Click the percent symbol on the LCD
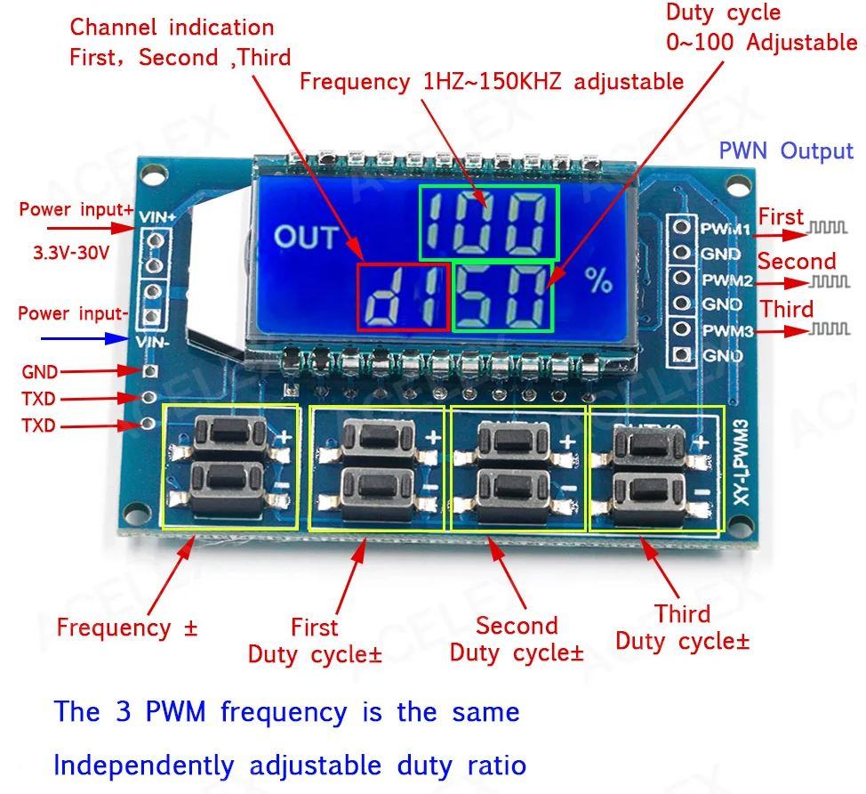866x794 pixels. (x=599, y=280)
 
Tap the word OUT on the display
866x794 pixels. (x=307, y=238)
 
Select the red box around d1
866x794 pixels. (x=403, y=297)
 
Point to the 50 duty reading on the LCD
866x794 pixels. (x=503, y=296)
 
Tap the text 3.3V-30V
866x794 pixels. (x=71, y=252)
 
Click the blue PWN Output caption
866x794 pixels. (x=785, y=150)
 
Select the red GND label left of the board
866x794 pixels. (x=39, y=372)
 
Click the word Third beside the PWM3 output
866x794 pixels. (x=786, y=310)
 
